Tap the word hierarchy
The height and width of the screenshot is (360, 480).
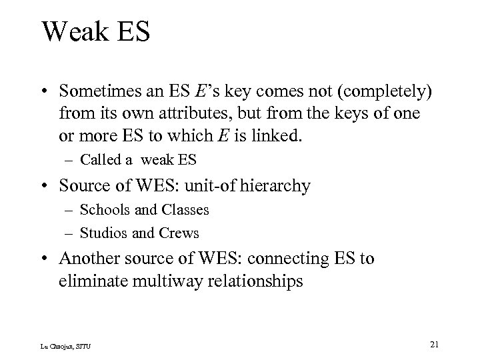pos(276,185)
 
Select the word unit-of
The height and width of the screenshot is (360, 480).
pos(214,185)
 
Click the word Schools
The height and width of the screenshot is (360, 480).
pos(101,210)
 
